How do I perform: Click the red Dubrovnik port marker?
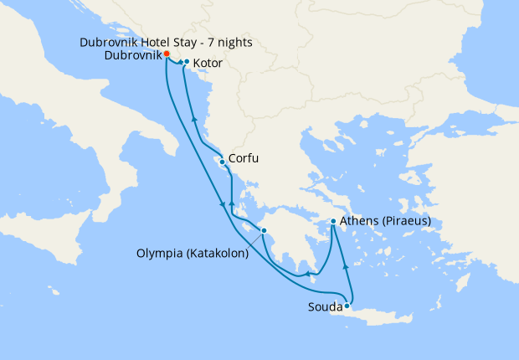(x=167, y=54)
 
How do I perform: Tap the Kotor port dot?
(x=186, y=62)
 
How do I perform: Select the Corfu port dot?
(x=222, y=162)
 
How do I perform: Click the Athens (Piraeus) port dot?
(x=333, y=221)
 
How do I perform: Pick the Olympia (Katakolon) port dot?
(x=263, y=230)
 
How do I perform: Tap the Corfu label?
(x=243, y=157)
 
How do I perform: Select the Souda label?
(x=324, y=307)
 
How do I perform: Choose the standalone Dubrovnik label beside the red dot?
(x=134, y=55)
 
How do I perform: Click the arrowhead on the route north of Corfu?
(x=195, y=120)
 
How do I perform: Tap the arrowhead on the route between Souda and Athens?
(x=344, y=266)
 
